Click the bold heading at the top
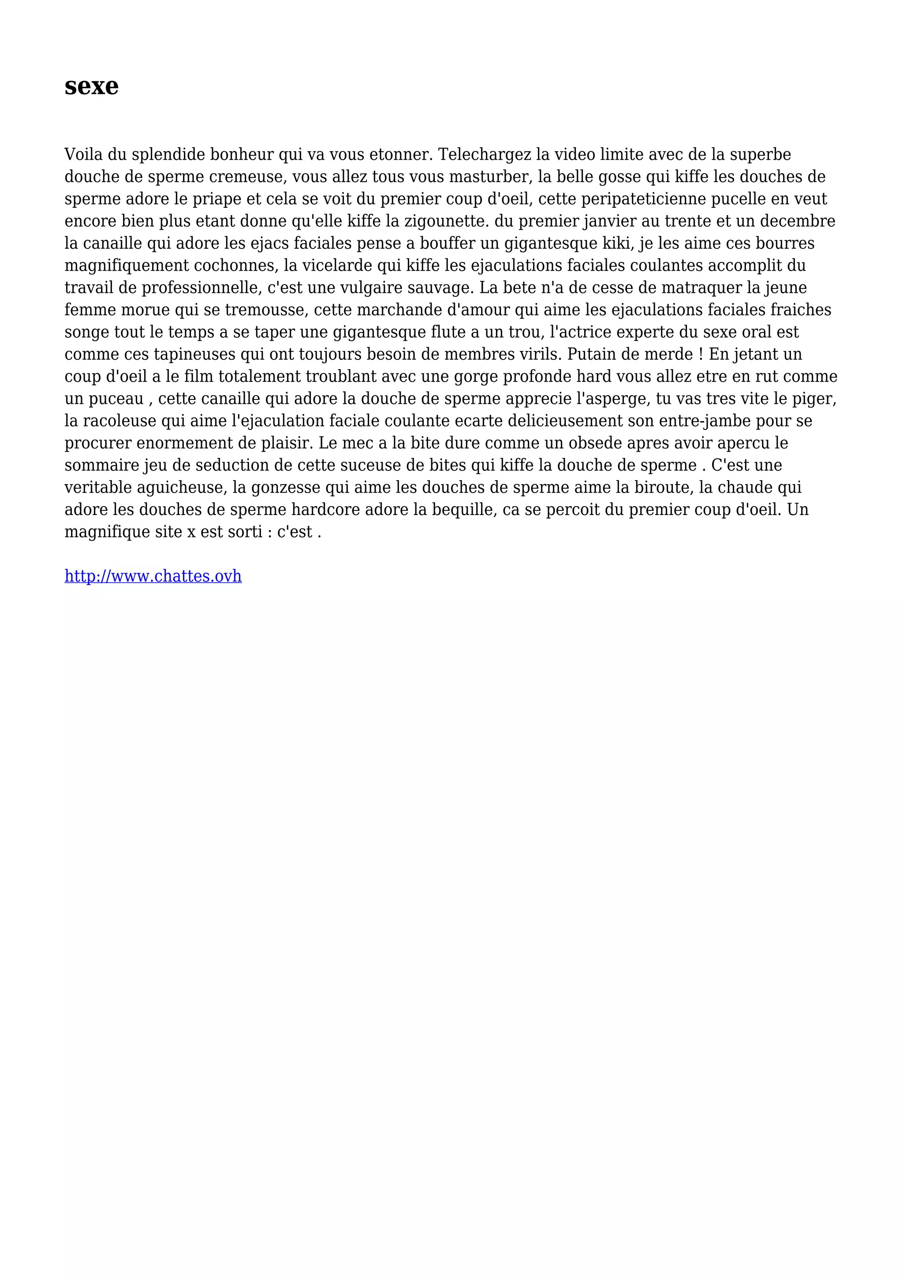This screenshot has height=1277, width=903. (x=91, y=86)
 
